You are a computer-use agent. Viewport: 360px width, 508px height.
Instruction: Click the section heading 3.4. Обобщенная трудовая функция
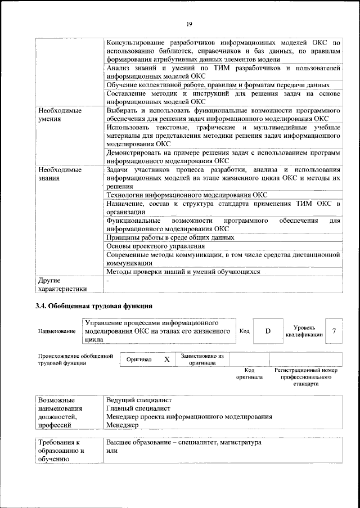(93, 307)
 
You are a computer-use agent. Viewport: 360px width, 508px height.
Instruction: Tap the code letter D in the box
(268, 331)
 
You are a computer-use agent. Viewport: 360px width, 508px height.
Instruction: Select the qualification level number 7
(334, 331)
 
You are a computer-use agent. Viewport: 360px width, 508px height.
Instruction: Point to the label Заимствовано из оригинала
(202, 359)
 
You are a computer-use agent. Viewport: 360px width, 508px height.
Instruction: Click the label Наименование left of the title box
(57, 332)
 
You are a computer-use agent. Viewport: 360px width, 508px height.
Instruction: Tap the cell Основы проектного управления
(156, 246)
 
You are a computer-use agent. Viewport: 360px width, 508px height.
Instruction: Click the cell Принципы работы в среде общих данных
(170, 237)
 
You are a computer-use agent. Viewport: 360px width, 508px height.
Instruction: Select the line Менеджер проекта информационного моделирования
(190, 417)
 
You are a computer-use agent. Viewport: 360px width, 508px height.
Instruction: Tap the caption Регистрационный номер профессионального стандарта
(306, 377)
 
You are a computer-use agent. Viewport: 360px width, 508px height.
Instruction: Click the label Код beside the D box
(245, 331)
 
